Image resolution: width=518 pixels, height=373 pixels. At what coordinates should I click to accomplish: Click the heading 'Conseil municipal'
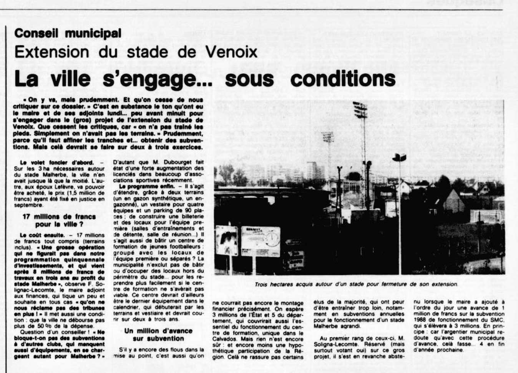pos(68,34)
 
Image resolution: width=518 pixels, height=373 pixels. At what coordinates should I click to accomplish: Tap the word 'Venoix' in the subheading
pos(232,52)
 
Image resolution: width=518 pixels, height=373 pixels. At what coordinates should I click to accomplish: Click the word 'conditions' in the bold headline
pos(343,79)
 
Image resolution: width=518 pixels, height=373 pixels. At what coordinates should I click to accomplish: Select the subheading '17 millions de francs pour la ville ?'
pos(59,220)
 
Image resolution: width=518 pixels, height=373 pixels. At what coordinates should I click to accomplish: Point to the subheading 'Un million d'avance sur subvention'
pos(158,335)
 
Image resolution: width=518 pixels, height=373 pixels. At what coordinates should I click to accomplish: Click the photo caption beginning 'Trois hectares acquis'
pos(356,284)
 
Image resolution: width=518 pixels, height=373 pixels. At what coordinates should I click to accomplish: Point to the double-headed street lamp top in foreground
pos(399,157)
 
